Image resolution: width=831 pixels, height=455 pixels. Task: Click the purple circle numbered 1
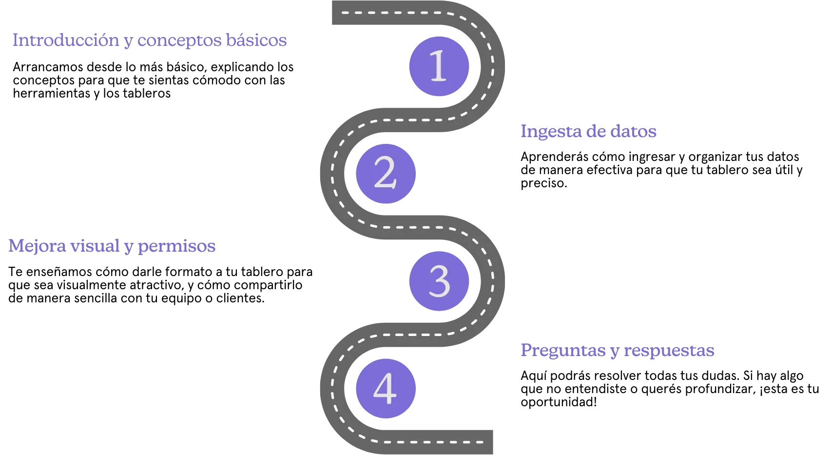point(439,66)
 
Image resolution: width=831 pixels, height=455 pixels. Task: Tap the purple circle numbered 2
point(385,174)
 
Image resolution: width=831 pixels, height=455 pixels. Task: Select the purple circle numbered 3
point(439,281)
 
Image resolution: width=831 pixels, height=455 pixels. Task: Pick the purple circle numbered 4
point(385,389)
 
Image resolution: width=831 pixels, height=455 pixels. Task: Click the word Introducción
point(65,40)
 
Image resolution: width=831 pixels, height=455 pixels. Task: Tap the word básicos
point(256,40)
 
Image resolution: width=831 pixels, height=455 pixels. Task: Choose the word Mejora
point(37,247)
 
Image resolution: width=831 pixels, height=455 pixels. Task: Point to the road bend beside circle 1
point(494,66)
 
